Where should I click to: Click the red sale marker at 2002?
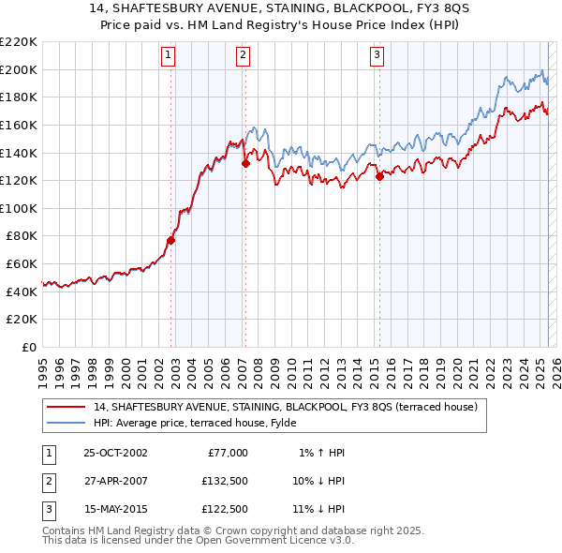click(x=170, y=240)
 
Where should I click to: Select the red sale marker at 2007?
click(x=245, y=163)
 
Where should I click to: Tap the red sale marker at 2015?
click(x=379, y=176)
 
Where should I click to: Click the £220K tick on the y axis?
click(x=19, y=42)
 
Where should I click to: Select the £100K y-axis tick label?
click(x=19, y=208)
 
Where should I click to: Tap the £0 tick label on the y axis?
click(x=27, y=347)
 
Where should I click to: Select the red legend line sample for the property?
click(x=67, y=408)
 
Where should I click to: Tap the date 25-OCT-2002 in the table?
click(x=115, y=453)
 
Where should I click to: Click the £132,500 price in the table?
click(x=224, y=481)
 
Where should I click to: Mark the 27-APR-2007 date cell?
click(x=115, y=481)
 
